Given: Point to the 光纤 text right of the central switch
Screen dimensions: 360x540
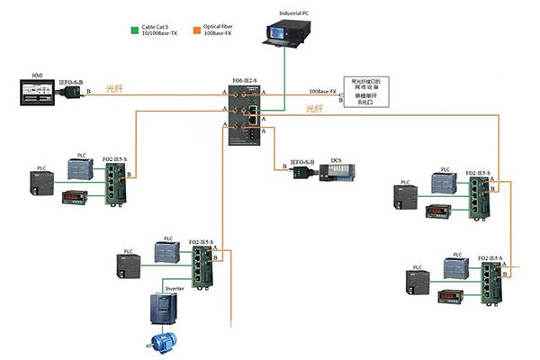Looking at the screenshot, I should pos(313,108).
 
